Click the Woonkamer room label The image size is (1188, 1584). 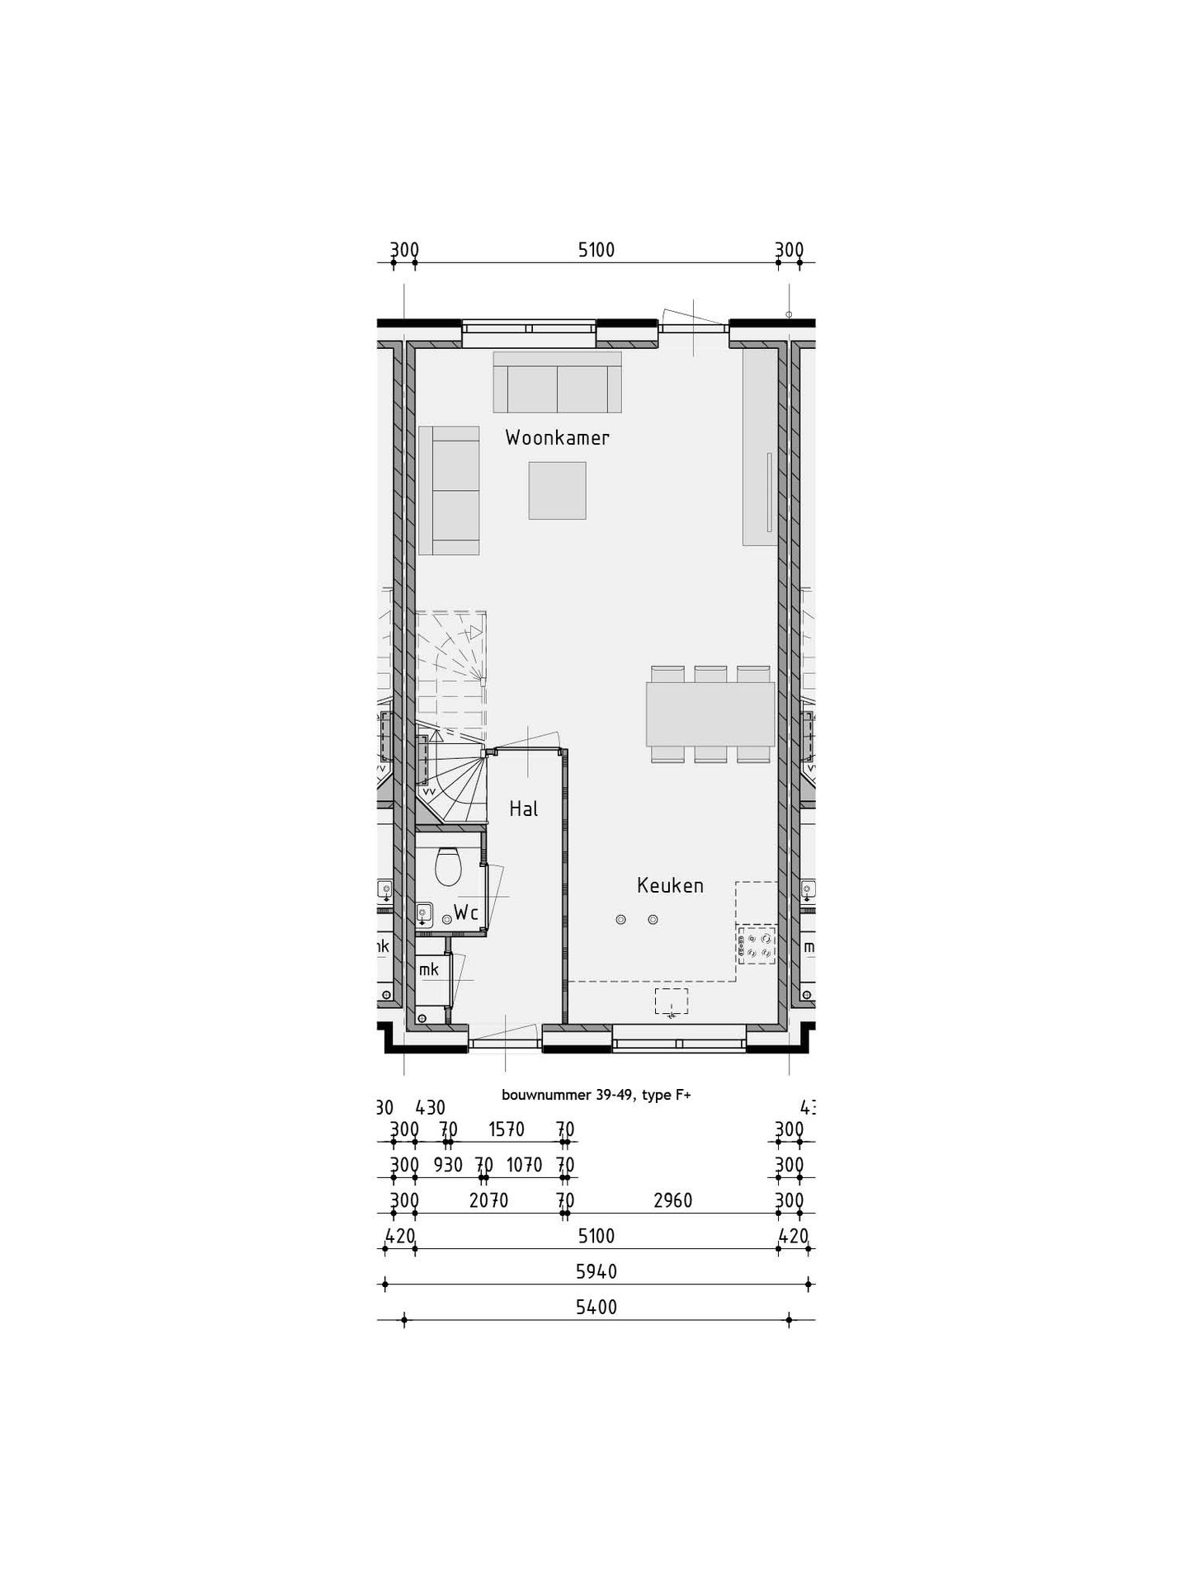click(557, 438)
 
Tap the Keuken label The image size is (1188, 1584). click(670, 886)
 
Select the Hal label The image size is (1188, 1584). click(523, 809)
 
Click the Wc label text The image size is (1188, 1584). click(466, 913)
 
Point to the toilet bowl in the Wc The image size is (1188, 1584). click(449, 866)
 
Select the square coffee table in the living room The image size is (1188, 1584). click(557, 490)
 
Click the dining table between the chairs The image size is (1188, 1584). click(709, 714)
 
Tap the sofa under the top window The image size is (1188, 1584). click(557, 382)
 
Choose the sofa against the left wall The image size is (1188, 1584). click(449, 490)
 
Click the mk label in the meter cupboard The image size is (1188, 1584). click(429, 970)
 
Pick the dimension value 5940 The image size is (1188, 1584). click(596, 1272)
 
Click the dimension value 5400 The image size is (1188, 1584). click(596, 1308)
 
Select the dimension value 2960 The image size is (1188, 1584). click(672, 1201)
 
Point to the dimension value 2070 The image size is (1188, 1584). click(488, 1201)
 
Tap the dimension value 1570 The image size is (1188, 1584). click(506, 1129)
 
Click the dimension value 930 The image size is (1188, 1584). click(448, 1165)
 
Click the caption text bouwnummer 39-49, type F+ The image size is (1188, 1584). click(596, 1096)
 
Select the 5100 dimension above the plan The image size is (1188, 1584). click(596, 250)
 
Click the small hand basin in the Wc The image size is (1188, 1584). click(424, 912)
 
